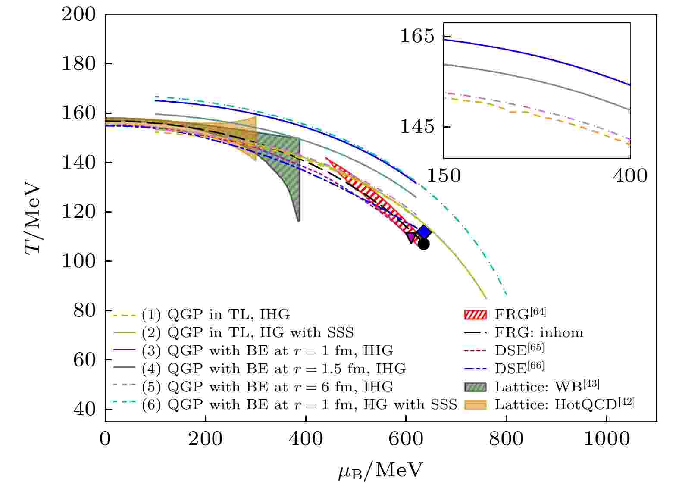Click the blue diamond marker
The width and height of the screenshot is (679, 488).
pyautogui.click(x=424, y=232)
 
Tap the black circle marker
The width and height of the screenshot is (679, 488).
pyautogui.click(x=423, y=244)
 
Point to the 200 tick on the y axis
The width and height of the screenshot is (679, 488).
pyautogui.click(x=78, y=14)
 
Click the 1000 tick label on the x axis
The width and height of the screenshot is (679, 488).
pyautogui.click(x=607, y=440)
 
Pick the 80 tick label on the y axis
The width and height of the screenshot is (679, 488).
pyautogui.click(x=84, y=310)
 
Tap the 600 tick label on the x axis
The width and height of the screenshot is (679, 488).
pyautogui.click(x=406, y=440)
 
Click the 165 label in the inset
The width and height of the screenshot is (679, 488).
pyautogui.click(x=417, y=36)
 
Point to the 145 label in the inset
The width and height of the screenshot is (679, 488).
pyautogui.click(x=417, y=127)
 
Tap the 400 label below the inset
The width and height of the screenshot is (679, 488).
pyautogui.click(x=630, y=176)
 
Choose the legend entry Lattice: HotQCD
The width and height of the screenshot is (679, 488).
pyautogui.click(x=564, y=404)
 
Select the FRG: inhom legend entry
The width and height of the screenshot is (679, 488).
pyautogui.click(x=538, y=332)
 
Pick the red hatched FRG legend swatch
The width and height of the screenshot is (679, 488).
pyautogui.click(x=475, y=314)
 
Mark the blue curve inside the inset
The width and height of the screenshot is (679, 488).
pyautogui.click(x=539, y=56)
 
